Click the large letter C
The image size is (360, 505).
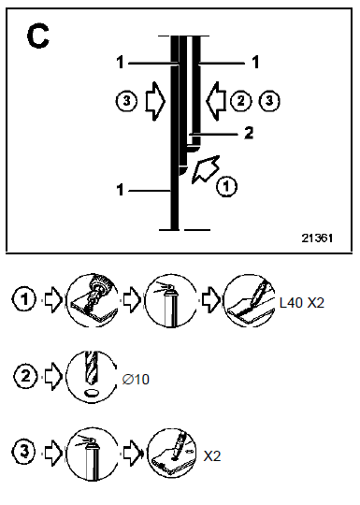(38, 36)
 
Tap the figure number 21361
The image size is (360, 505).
(317, 238)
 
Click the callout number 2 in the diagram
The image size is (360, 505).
(249, 133)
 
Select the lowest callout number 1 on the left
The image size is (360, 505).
(120, 190)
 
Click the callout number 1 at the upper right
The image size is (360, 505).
(255, 62)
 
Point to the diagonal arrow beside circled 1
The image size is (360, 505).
(206, 169)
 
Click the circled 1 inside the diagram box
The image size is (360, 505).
(226, 186)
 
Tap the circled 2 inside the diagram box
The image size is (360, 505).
(241, 101)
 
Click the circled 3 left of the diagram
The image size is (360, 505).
(126, 101)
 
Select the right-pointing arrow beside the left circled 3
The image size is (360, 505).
(155, 101)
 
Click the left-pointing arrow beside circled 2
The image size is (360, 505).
(215, 101)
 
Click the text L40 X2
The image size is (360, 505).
(302, 303)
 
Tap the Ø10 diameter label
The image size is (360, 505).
(136, 380)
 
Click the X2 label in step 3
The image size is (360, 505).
(212, 456)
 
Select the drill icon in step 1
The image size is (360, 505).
(92, 300)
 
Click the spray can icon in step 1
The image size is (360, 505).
(171, 300)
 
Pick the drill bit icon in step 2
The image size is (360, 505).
(92, 377)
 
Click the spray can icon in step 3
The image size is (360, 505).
(92, 454)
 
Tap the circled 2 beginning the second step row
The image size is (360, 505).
(25, 376)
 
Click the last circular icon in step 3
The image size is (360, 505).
(173, 454)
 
